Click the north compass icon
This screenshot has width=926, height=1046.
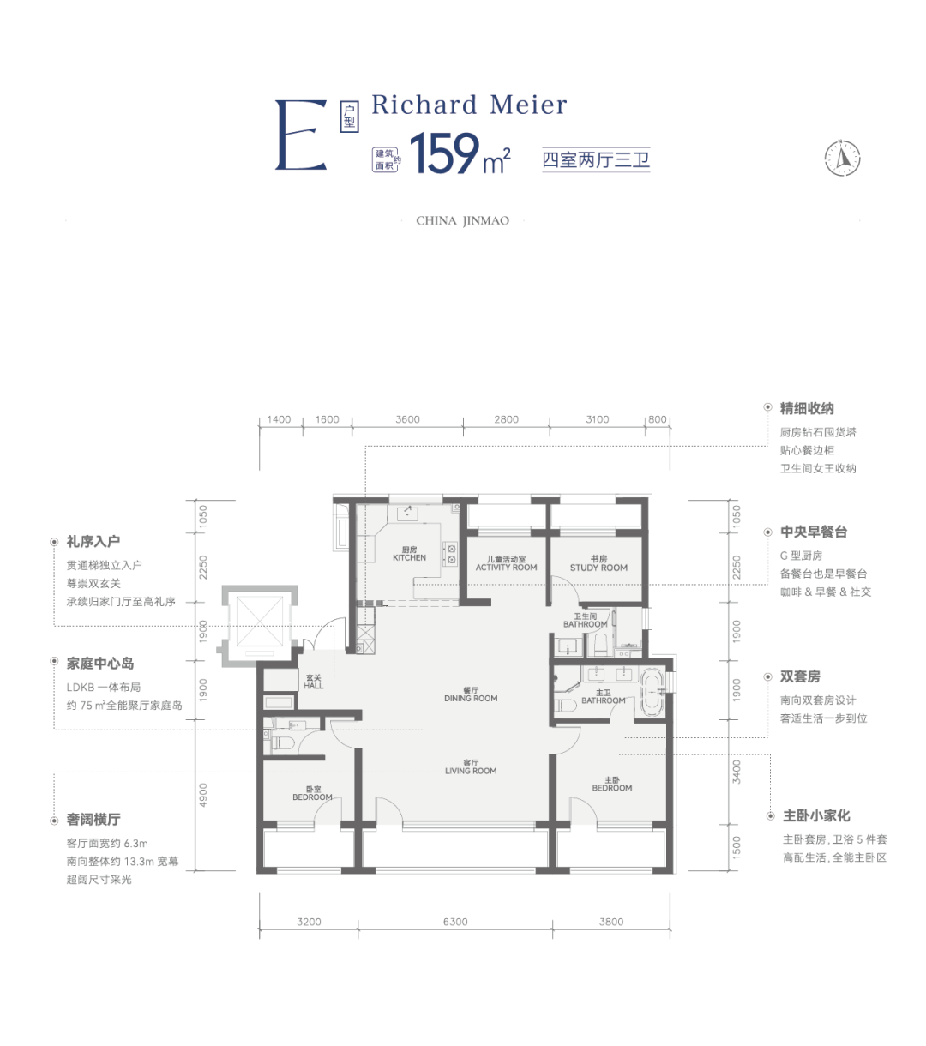(x=842, y=158)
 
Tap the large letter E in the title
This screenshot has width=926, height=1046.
(x=301, y=135)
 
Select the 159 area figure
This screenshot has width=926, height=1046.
(x=444, y=153)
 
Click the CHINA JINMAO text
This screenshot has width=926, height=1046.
(x=462, y=221)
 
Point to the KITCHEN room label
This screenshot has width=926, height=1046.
(x=409, y=557)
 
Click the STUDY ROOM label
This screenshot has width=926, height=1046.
(x=598, y=568)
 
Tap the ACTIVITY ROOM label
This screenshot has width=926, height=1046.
(x=506, y=567)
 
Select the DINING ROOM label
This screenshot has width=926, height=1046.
(x=471, y=698)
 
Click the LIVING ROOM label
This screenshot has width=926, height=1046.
(x=471, y=771)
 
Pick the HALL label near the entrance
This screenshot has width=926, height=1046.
(x=313, y=686)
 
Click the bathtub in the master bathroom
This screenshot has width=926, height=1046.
(x=652, y=691)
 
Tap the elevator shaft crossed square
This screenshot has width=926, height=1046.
(x=260, y=621)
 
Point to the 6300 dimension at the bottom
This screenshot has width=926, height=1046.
(x=455, y=922)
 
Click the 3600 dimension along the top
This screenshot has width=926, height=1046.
(x=407, y=419)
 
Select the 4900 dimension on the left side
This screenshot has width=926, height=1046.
(x=203, y=795)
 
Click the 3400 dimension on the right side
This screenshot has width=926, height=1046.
(x=736, y=772)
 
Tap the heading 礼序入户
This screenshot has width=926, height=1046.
(x=93, y=541)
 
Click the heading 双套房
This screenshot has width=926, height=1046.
(x=800, y=676)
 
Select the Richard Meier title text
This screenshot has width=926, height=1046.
(x=469, y=105)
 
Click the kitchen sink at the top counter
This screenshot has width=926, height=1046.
(x=407, y=514)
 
